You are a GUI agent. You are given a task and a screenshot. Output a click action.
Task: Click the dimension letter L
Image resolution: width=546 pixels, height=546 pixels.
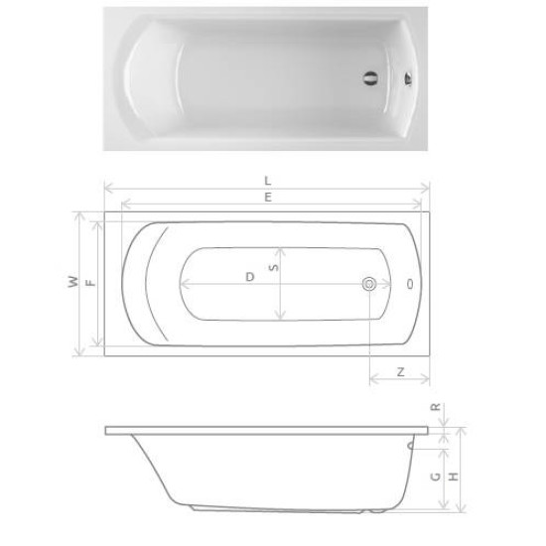point(267,181)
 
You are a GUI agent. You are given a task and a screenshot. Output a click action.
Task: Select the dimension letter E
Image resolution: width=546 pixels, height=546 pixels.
point(267,198)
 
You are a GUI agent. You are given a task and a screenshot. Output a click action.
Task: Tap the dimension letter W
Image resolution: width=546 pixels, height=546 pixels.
point(73,282)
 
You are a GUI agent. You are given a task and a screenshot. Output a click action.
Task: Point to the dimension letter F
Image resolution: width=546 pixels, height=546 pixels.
point(90,282)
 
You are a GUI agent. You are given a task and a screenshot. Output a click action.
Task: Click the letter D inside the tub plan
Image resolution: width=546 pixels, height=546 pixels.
point(249,277)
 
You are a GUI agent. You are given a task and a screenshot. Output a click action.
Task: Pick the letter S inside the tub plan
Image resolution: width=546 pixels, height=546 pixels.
point(274,267)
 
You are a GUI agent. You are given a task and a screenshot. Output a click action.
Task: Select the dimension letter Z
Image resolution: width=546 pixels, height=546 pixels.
point(401,372)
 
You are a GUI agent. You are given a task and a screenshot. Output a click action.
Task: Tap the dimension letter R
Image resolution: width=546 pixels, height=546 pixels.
point(436,407)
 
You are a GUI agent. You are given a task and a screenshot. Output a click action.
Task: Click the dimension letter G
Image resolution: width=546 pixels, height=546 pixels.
point(435,477)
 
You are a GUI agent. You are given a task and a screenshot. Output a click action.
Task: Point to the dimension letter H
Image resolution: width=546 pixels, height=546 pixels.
point(453,477)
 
